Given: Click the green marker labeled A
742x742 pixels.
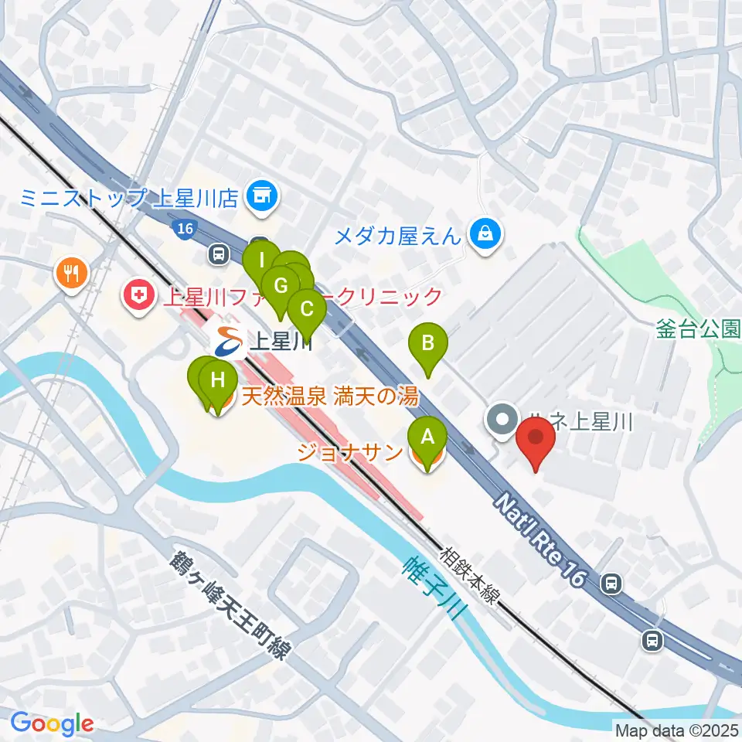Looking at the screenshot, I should coord(427,441).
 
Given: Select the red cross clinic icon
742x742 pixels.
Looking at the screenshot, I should coord(138,296).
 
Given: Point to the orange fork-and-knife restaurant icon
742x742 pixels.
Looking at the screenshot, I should coord(72,273).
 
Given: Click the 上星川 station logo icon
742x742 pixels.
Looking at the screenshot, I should coord(228,341).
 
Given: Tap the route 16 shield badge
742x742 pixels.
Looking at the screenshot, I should coord(183,228).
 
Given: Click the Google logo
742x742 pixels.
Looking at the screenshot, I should coord(52,724).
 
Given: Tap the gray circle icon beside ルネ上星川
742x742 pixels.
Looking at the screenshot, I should coord(503,421).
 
